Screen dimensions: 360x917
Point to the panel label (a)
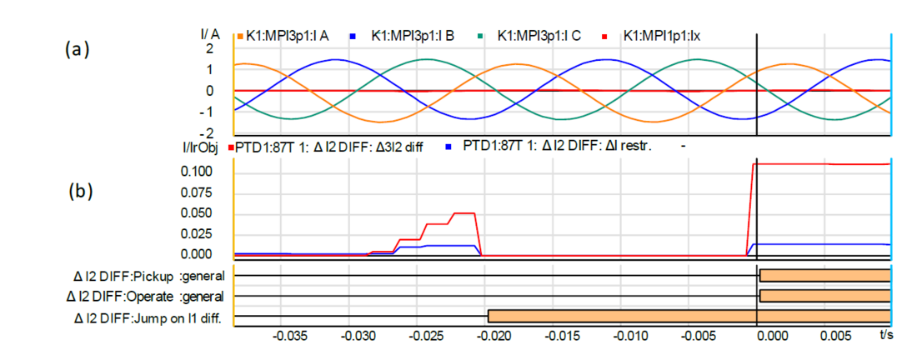(78, 50)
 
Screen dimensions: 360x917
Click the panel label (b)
(79, 190)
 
